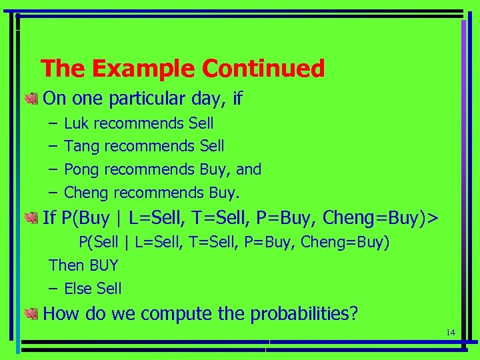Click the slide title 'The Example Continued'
tap(183, 68)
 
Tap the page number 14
tap(450, 333)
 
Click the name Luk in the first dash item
tap(77, 123)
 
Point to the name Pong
tap(81, 169)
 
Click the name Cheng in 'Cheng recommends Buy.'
tap(87, 193)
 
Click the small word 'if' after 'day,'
tap(238, 99)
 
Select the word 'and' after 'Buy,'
tap(249, 169)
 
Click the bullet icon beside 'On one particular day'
tap(31, 99)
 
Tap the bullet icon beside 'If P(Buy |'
tap(31, 217)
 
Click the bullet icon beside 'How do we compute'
tap(31, 314)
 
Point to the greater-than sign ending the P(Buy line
tap(434, 217)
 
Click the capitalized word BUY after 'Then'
tap(103, 265)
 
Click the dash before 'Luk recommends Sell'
tap(53, 123)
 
